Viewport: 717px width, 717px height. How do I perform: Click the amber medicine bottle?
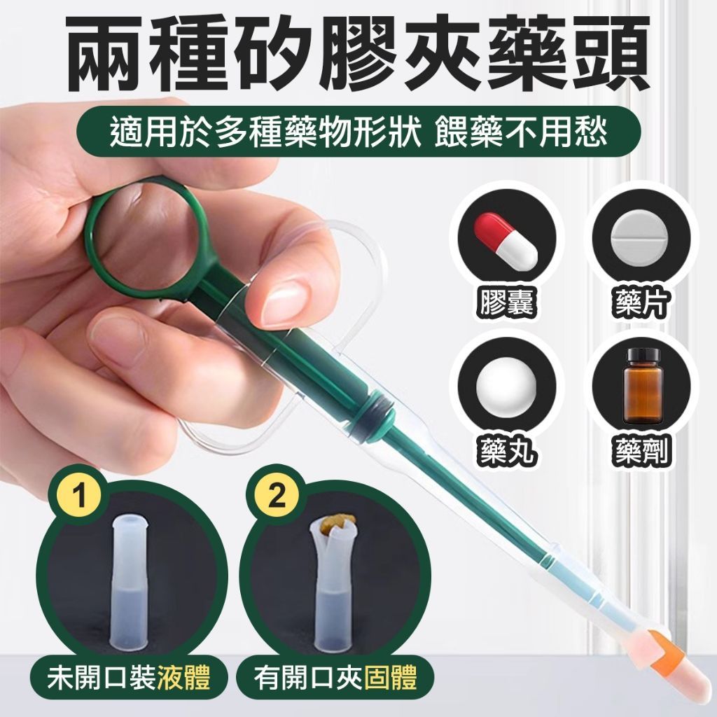click(643, 385)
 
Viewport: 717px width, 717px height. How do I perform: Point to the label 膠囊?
click(506, 302)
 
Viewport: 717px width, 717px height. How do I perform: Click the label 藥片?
click(642, 302)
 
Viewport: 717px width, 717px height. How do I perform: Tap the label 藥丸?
click(506, 450)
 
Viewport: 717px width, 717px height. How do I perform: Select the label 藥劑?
click(642, 450)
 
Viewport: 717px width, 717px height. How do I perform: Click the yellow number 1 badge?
click(80, 495)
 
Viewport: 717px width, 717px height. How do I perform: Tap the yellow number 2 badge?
click(276, 495)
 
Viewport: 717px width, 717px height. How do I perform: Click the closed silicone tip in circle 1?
click(130, 580)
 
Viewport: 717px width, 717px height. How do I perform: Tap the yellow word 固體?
click(390, 678)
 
